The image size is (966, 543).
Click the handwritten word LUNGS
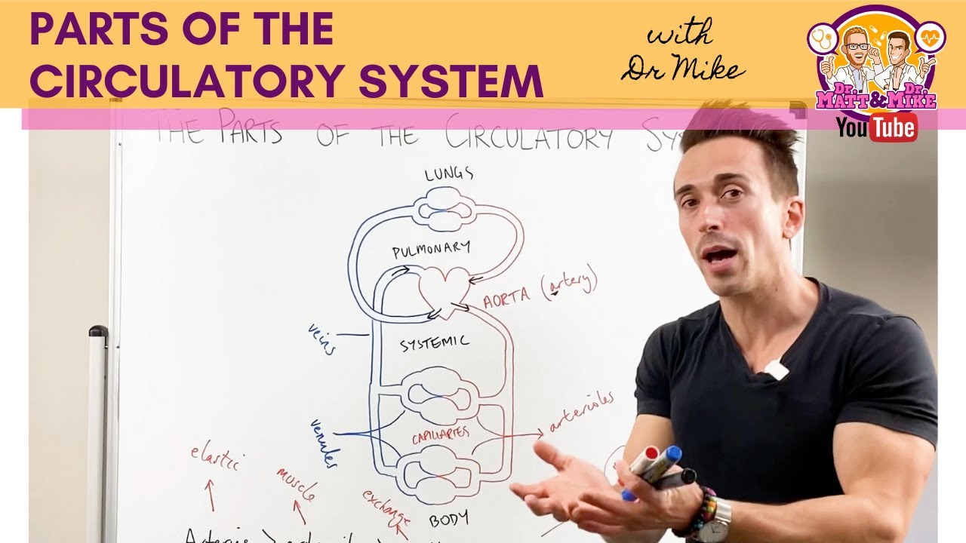pos(448,174)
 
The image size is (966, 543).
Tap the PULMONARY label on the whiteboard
pos(431,250)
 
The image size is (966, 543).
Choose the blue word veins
pos(321,339)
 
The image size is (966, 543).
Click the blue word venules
pos(324,441)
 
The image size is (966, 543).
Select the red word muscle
pos(295,483)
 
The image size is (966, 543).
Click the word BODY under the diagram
pos(448,519)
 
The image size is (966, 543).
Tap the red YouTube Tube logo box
pos(893,127)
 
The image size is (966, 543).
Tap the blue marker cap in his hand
pos(672,454)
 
